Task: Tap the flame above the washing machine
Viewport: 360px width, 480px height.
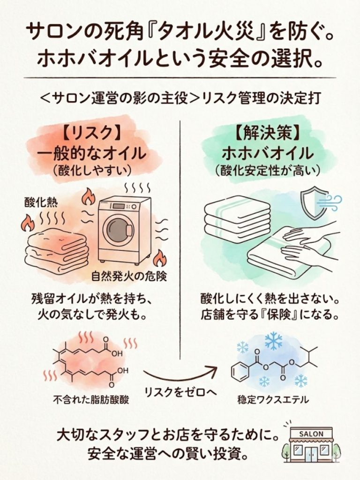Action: coord(88,197)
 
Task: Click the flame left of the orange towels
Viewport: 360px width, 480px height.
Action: coord(27,223)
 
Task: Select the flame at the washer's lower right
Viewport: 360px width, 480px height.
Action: coord(159,257)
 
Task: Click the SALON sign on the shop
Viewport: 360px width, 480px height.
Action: coord(311,434)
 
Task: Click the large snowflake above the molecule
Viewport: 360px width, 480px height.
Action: coord(273,340)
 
